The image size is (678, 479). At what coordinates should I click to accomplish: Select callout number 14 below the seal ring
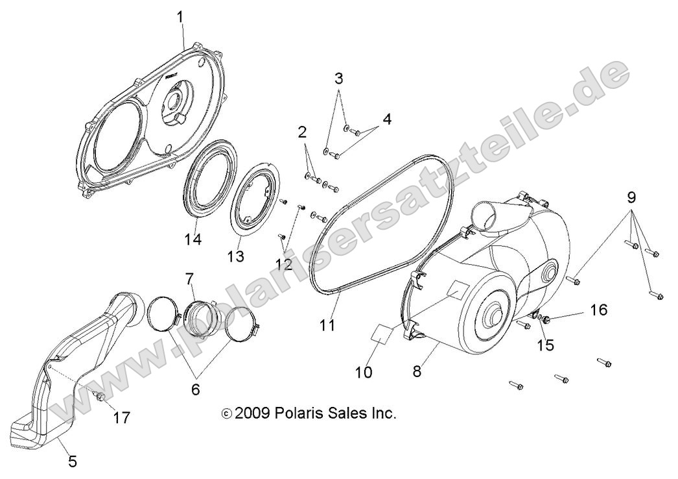[x=192, y=239]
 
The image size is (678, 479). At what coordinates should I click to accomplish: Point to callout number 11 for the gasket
[x=328, y=324]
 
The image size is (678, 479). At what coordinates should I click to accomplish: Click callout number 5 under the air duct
[x=73, y=461]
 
